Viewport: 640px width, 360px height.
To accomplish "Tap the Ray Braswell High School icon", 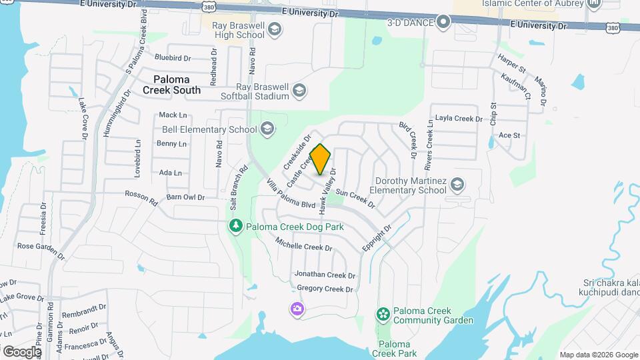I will (x=275, y=30).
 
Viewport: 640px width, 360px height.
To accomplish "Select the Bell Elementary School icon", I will (x=267, y=129).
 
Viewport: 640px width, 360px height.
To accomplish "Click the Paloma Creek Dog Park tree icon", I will (x=235, y=227).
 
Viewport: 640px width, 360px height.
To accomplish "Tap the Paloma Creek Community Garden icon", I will (x=383, y=314).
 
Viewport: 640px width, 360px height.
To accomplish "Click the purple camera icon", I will (x=297, y=309).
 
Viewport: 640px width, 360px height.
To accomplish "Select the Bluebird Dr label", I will (x=173, y=57).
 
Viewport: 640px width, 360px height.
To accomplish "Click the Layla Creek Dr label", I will (x=458, y=119).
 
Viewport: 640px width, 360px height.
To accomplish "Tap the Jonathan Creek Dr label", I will (x=325, y=275).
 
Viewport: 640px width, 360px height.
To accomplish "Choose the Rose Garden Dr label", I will (x=41, y=250).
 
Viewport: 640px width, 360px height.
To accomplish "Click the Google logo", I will (x=22, y=351).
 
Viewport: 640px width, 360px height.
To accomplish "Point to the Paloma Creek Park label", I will (x=394, y=349).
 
